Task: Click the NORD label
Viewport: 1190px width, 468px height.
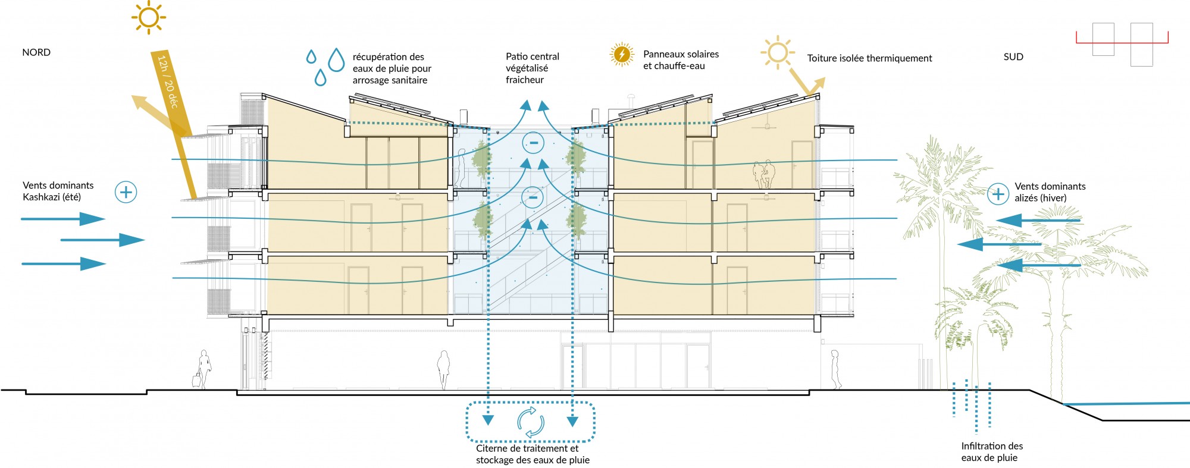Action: coord(36,52)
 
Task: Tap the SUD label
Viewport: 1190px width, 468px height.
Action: coord(1013,56)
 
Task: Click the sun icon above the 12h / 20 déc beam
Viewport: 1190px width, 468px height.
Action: coord(148,17)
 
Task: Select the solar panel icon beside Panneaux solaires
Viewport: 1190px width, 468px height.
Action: coord(622,55)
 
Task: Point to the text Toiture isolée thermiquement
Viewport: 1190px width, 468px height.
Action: coord(869,58)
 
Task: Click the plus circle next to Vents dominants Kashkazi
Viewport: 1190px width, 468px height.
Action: coord(126,192)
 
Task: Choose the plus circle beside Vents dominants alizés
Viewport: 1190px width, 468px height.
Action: coord(998,194)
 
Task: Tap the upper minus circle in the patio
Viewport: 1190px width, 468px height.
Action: coord(533,143)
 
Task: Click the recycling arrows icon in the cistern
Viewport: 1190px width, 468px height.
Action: coord(530,422)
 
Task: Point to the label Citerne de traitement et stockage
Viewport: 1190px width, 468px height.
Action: coord(533,454)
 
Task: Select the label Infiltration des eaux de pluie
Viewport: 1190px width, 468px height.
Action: coord(992,452)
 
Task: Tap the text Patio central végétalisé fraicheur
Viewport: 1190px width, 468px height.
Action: coord(532,68)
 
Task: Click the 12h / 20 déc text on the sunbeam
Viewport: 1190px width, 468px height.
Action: coord(168,81)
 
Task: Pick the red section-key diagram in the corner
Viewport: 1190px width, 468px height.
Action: coord(1122,43)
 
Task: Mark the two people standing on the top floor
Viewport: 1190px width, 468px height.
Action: coord(763,174)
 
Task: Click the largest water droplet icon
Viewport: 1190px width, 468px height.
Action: coord(336,60)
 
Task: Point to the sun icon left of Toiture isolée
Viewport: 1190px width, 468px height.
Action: coord(777,52)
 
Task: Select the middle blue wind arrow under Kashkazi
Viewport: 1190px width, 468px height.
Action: coord(102,240)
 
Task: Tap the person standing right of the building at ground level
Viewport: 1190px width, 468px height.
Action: coord(835,369)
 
